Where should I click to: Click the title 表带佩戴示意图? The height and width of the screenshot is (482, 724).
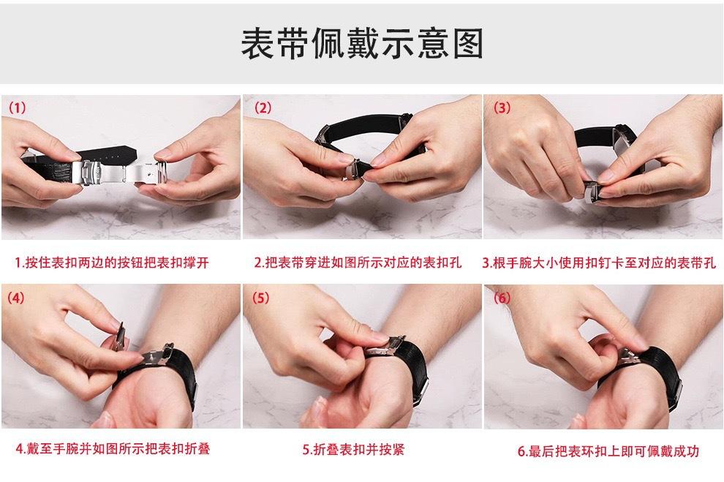tap(362, 43)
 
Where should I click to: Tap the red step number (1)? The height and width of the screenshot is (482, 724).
tap(18, 108)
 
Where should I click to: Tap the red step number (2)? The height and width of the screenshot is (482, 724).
tap(263, 108)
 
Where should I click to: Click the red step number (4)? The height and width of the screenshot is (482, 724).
tap(18, 298)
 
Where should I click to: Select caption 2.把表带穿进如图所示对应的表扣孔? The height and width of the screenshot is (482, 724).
tap(358, 263)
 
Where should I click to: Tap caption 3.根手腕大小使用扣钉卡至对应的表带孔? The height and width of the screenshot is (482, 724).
tap(598, 263)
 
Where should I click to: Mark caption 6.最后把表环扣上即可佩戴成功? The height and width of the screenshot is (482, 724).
tap(608, 451)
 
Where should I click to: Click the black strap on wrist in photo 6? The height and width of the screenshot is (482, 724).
tap(658, 369)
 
